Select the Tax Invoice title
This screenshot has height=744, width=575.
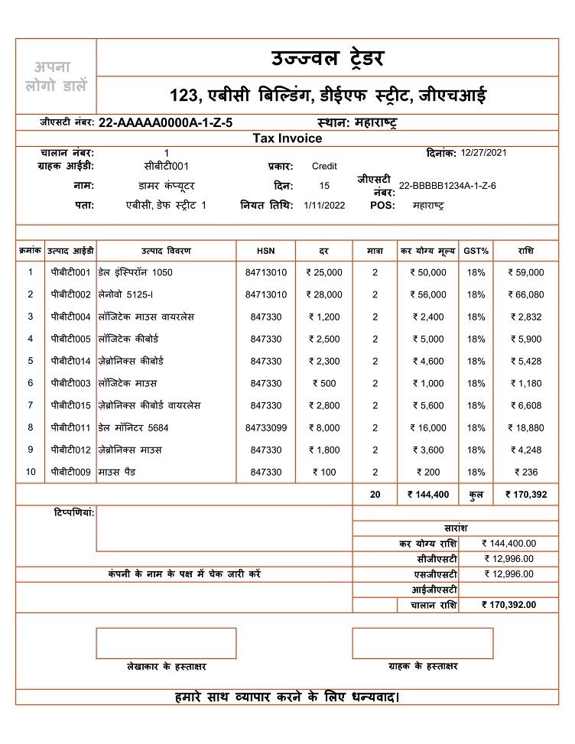click(x=287, y=138)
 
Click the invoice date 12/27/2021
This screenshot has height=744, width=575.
click(x=484, y=153)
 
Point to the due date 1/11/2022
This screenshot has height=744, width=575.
click(x=320, y=206)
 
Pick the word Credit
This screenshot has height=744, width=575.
click(x=324, y=166)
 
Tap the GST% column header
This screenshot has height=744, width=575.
click(x=476, y=251)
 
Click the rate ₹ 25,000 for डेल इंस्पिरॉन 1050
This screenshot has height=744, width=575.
click(x=324, y=272)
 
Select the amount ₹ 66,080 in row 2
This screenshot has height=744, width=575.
click(x=525, y=294)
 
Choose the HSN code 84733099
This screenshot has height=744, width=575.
click(x=266, y=428)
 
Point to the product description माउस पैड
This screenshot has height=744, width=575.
click(x=117, y=473)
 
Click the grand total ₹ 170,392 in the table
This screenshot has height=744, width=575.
click(x=525, y=495)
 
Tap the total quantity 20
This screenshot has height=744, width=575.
click(x=375, y=495)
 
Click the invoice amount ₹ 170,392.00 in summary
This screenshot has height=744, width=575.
click(x=508, y=605)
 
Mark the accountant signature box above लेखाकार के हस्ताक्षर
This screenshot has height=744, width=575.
click(x=166, y=643)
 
